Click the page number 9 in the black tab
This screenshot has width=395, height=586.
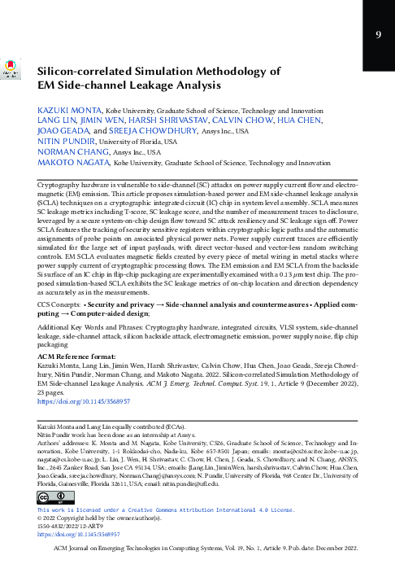point(378,34)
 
